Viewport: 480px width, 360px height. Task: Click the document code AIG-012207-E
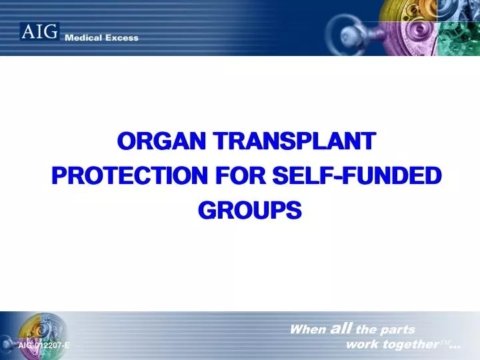coord(44,345)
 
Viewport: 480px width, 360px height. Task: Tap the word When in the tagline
coord(308,329)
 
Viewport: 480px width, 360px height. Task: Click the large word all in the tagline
coord(342,328)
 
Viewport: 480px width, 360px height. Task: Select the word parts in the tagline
coord(398,329)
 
